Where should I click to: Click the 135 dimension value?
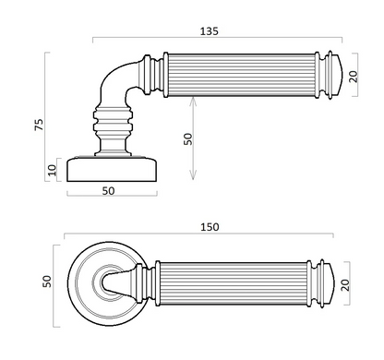210,31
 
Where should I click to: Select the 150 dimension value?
210,227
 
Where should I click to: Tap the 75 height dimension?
39,125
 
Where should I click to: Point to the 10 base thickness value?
53,170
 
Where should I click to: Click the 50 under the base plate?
108,191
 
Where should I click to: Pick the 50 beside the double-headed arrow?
187,139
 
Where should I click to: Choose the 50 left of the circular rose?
47,282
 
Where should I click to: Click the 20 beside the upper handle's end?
354,77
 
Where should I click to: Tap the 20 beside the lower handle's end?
345,285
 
